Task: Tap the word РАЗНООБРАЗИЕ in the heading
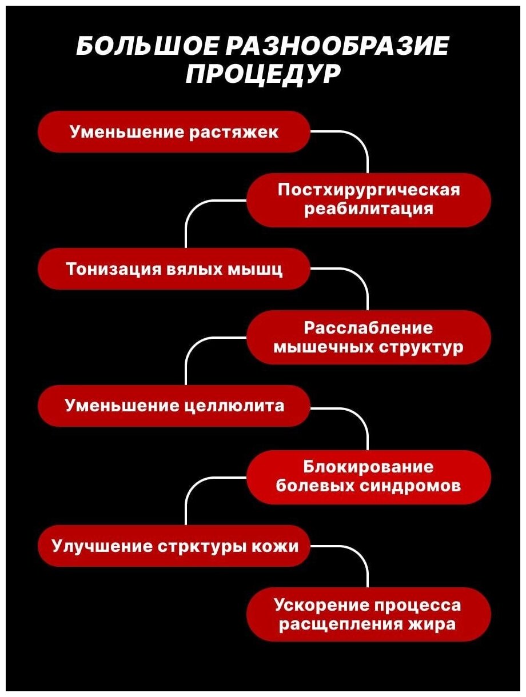[337, 47]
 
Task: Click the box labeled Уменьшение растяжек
[174, 132]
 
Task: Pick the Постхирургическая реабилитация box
[369, 199]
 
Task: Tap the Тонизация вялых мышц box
[174, 269]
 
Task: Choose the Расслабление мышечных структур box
[369, 337]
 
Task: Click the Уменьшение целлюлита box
[174, 406]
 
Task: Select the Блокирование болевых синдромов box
[369, 476]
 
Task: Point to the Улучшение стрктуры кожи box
[174, 546]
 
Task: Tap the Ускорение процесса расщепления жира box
[369, 614]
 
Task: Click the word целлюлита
[235, 406]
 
